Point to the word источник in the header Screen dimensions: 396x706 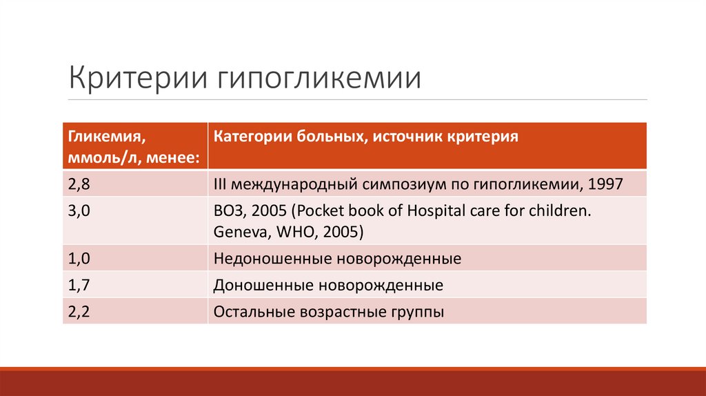click(x=399, y=135)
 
